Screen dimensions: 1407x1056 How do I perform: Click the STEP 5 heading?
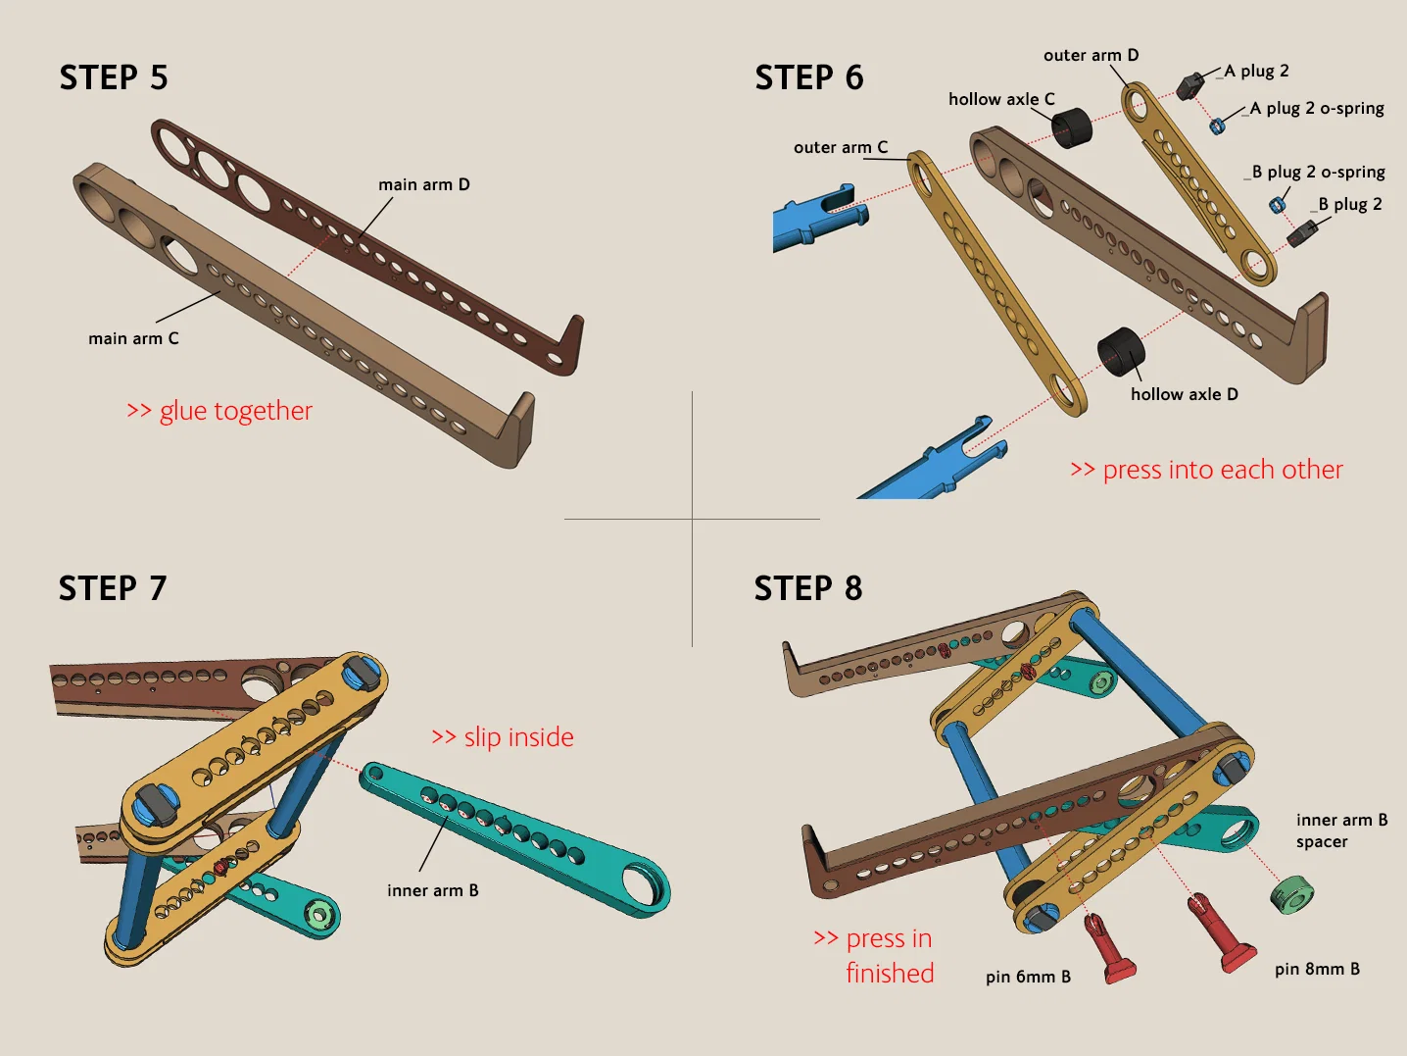[114, 77]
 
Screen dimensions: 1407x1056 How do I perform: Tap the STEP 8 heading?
[808, 588]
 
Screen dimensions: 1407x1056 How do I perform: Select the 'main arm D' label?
[423, 184]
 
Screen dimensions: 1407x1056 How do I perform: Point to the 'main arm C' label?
[133, 338]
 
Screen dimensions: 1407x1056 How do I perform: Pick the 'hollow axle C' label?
[1001, 99]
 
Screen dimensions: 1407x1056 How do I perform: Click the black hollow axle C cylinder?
[1072, 128]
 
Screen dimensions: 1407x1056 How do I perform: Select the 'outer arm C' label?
[841, 147]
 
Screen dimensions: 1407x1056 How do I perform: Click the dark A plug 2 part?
[1191, 86]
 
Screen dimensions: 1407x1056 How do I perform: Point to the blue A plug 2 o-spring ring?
[1216, 126]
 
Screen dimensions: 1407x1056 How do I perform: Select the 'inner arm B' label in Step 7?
[433, 890]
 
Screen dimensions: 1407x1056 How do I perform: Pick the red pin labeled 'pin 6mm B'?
[1109, 950]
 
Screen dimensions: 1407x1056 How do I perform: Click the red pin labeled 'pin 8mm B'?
[1221, 934]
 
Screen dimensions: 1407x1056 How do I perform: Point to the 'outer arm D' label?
[1091, 55]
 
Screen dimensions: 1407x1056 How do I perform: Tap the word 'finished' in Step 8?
[890, 973]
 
